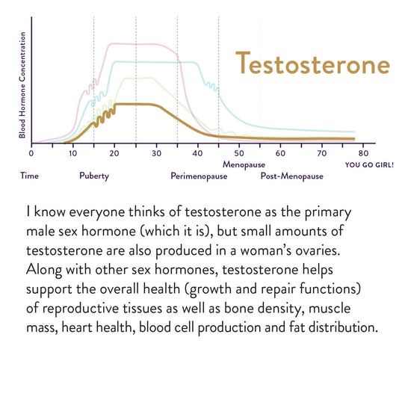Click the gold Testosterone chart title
pos(312,63)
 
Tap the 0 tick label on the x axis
pos(31,153)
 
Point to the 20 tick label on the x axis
pos(114,153)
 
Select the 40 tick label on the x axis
pos(197,153)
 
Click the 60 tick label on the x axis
pos(280,153)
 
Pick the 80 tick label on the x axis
pos(364,153)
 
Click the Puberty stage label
pos(94,176)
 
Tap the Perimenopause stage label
pos(199,176)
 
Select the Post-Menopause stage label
pos(291,176)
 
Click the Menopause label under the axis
pos(244,165)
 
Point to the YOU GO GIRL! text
pos(369,165)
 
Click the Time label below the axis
pos(30,176)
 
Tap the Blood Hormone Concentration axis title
pos(22,85)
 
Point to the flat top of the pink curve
pos(134,44)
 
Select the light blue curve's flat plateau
pos(155,62)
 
